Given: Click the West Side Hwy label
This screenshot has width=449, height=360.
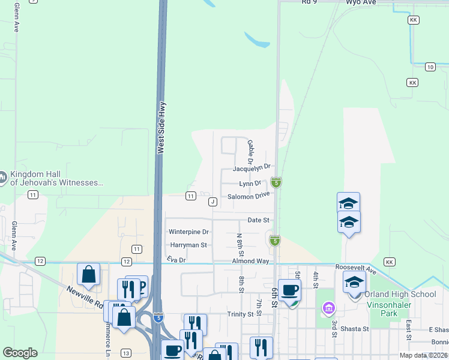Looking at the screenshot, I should coord(161,128).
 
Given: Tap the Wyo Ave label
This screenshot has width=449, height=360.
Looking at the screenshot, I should coord(361,3).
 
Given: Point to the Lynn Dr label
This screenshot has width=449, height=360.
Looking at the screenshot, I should coord(250,184).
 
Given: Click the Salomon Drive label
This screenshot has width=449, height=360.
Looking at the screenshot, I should coord(249,196).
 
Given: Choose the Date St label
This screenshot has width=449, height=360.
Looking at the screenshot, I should coord(258,221).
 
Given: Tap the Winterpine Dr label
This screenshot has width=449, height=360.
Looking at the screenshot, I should coord(188,232).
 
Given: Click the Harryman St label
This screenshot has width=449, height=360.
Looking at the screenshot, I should coord(188,245).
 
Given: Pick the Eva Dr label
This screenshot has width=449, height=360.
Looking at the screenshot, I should coord(177,259).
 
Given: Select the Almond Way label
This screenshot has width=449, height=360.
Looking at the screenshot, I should coord(251,262).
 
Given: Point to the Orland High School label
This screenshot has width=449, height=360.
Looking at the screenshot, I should coord(400,294).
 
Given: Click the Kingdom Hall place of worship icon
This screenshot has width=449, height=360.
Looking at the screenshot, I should coord(2,178).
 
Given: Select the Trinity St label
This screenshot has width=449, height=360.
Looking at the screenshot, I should coord(241,314).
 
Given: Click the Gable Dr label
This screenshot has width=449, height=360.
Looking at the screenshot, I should coord(250,152).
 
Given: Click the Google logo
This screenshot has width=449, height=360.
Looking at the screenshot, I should coord(20,353).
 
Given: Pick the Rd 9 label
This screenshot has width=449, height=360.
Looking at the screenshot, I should coord(309,2).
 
